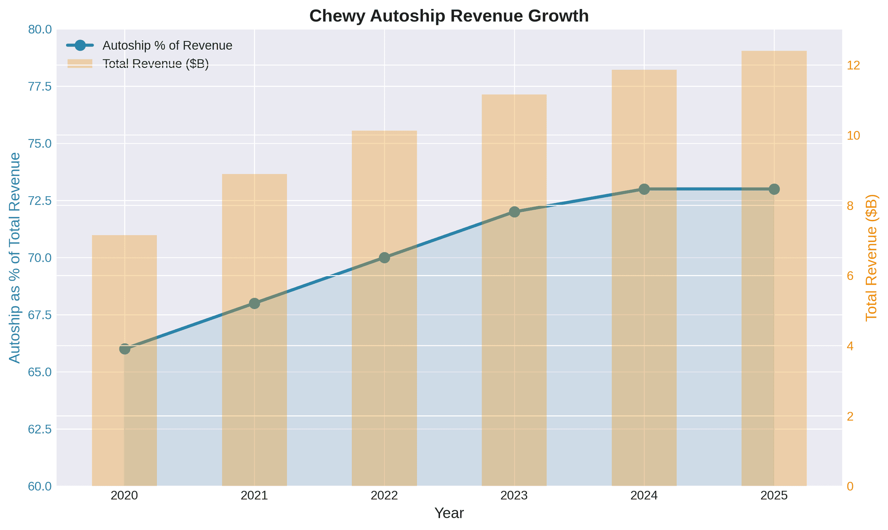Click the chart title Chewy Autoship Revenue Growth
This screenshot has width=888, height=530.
pos(449,16)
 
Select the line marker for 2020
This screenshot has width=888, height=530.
pos(125,349)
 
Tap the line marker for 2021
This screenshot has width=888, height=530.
pos(254,304)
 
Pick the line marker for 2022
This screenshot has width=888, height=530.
pos(384,257)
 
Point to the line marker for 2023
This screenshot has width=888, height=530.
pos(514,212)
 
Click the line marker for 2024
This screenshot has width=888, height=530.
pos(644,189)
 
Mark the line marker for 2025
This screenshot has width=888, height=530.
pos(774,189)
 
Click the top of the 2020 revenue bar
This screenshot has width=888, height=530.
pos(125,235)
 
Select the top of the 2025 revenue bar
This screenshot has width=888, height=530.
pos(774,51)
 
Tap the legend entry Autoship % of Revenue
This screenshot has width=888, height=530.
pos(167,46)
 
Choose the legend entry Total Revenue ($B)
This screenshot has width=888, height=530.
pos(155,64)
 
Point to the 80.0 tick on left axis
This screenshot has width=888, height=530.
pos(40,29)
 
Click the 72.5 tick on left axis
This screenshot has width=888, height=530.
pos(40,201)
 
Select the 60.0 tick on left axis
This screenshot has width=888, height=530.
pos(40,486)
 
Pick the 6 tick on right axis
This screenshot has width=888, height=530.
pos(850,276)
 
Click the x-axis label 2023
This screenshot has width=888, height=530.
pos(514,496)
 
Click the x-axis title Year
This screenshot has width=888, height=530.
pos(449,514)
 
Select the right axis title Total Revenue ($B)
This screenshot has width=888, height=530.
pos(872,257)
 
